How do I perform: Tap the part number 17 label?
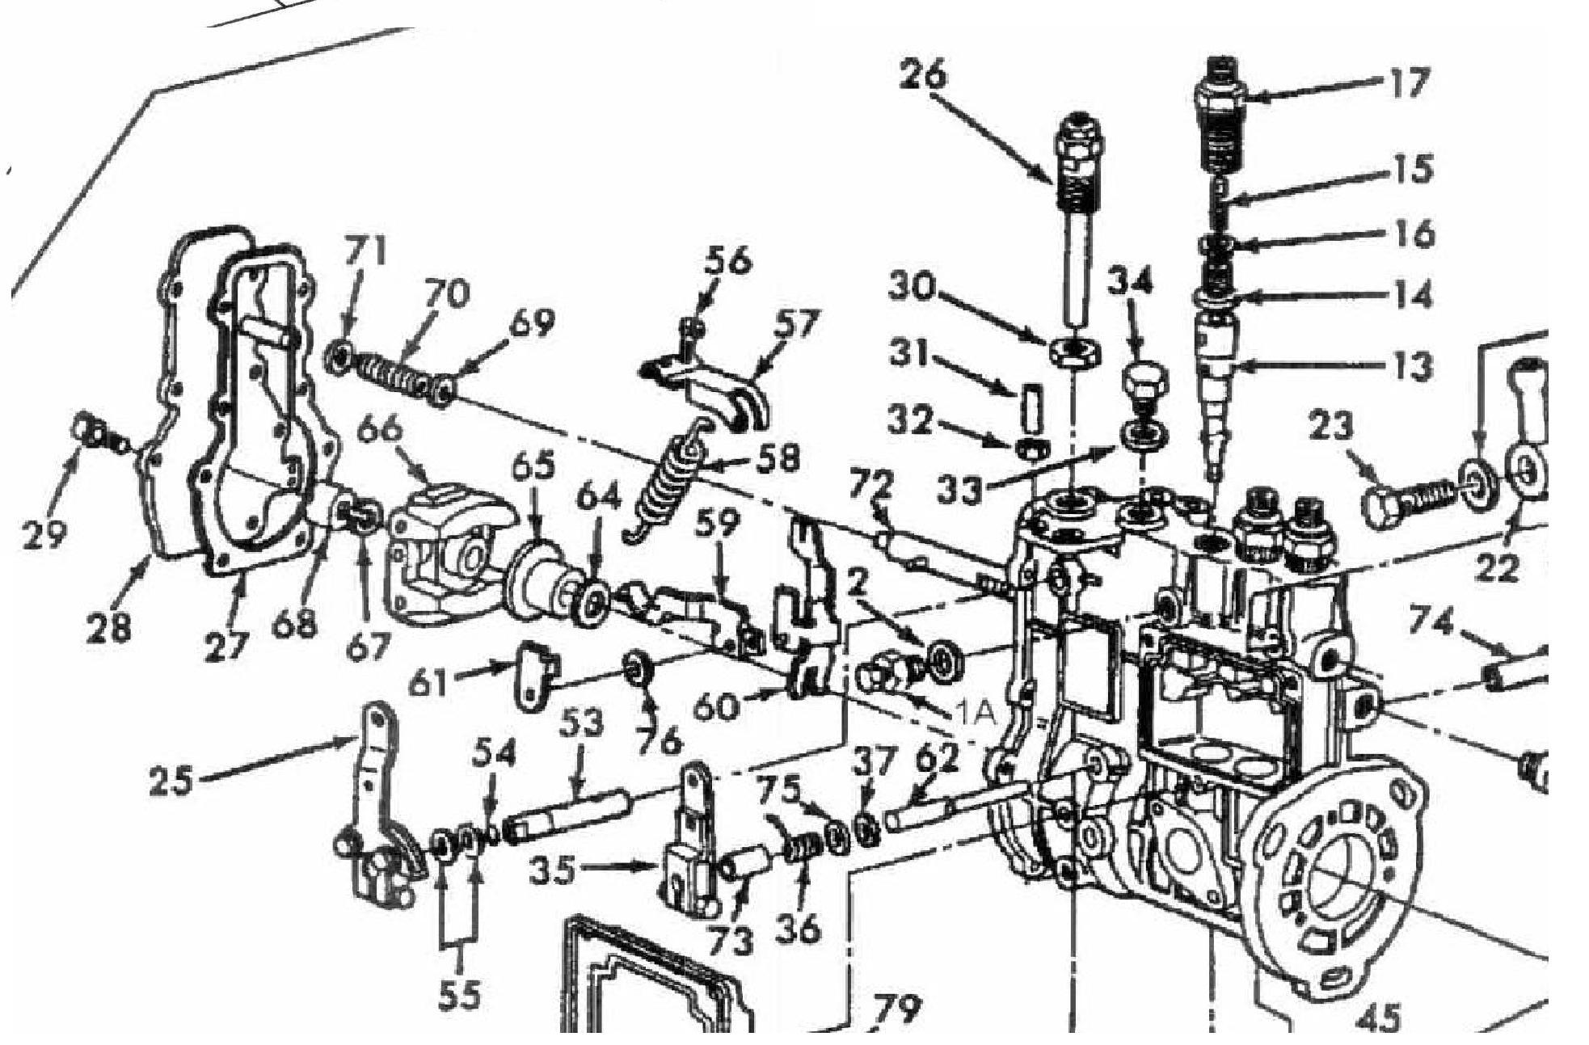[1407, 83]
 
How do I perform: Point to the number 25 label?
[171, 781]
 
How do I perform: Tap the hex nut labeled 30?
[1075, 352]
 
